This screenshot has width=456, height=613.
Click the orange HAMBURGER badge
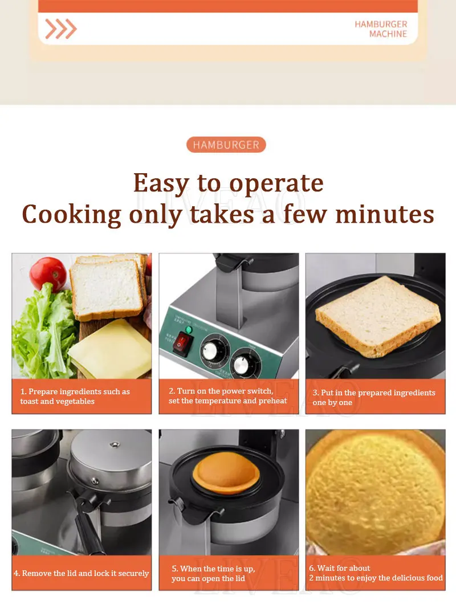click(x=226, y=145)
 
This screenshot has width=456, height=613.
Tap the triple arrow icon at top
click(x=60, y=28)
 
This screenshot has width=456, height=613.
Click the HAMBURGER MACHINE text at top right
click(x=381, y=29)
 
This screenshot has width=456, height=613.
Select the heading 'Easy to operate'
click(x=228, y=183)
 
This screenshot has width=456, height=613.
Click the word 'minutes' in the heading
click(x=385, y=214)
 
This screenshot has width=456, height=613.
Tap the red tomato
click(x=48, y=273)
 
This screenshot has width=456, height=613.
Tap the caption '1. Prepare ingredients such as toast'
click(x=75, y=397)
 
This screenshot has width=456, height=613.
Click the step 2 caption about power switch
click(x=228, y=396)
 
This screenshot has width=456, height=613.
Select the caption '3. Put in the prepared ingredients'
click(x=373, y=397)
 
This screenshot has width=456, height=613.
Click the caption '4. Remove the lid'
click(x=82, y=573)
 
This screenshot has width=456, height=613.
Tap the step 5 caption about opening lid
click(x=213, y=573)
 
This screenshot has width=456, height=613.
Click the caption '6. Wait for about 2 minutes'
click(x=376, y=573)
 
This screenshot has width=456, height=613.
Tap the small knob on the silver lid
click(x=115, y=444)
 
